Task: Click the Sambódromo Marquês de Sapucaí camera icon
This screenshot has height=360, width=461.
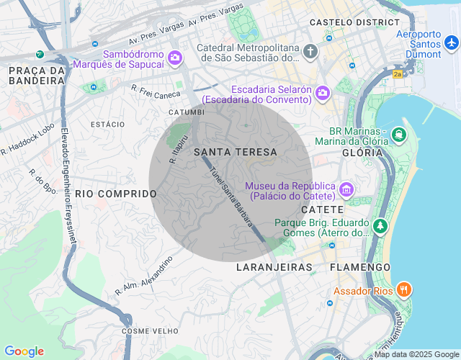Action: (x=174, y=58)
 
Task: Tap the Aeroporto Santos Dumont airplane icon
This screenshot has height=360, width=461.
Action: (x=452, y=42)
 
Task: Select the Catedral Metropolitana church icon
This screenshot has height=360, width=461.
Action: (x=310, y=51)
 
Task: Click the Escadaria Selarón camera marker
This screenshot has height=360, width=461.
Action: (x=322, y=92)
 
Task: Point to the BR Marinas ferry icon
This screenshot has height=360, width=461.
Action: (x=398, y=134)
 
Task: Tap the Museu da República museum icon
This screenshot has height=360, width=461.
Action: (x=346, y=189)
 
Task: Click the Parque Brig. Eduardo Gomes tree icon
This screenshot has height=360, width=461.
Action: (x=380, y=226)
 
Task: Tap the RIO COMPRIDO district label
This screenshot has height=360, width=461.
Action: (x=116, y=194)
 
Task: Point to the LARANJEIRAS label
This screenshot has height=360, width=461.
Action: (x=274, y=267)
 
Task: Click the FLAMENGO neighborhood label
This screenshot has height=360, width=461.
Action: (x=359, y=267)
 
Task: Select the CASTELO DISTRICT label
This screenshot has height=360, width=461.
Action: (x=349, y=22)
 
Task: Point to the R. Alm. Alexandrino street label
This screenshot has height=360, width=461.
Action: (x=144, y=276)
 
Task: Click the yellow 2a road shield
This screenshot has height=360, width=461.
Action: (x=398, y=73)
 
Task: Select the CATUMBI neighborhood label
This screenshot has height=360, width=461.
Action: (x=186, y=112)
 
